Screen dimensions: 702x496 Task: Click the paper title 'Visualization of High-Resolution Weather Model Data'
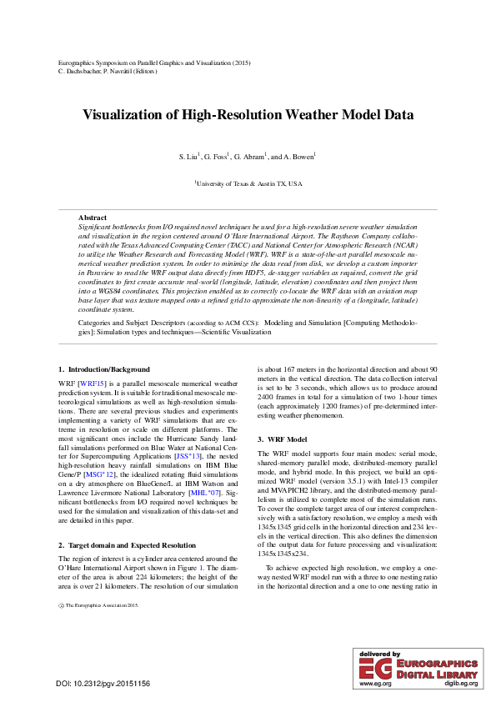pos(248,115)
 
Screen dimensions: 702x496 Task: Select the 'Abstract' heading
pos(93,217)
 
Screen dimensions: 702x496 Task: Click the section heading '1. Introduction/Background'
pos(104,369)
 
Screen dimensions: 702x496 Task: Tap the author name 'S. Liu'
pos(188,157)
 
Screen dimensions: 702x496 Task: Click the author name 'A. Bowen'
pos(298,157)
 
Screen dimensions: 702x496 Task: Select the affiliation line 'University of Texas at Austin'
pos(248,183)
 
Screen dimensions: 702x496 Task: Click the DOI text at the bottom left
pos(103,684)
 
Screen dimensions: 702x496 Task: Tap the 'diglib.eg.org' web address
pos(460,684)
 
